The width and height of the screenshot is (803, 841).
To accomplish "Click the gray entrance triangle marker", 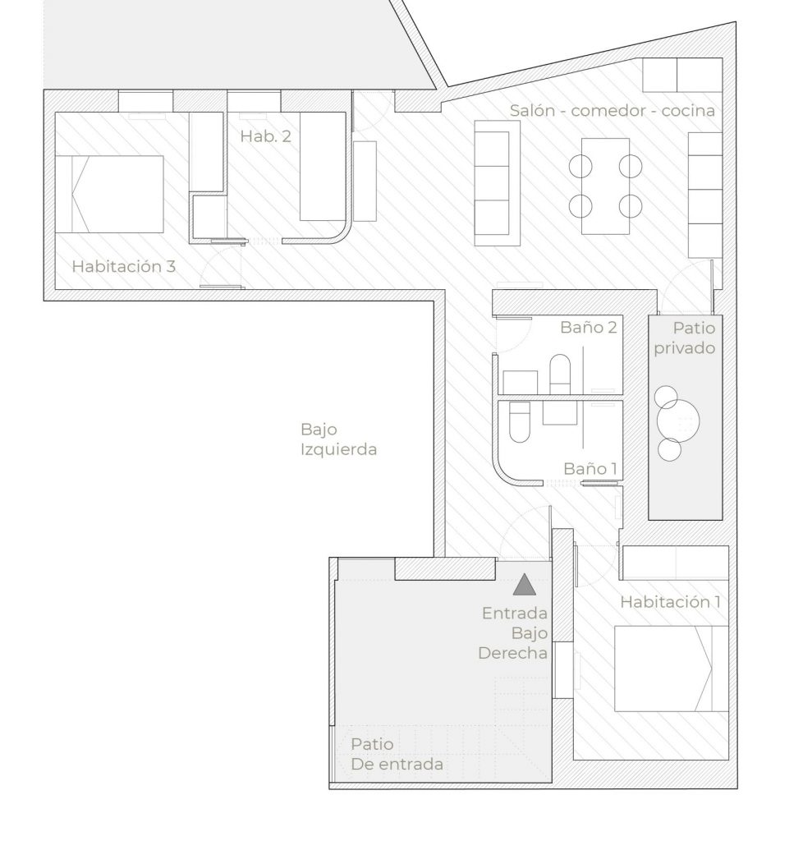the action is click(x=525, y=585).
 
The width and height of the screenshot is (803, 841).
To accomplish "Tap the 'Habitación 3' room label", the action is click(x=124, y=267).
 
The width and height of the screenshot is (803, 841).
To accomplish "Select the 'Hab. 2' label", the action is click(x=265, y=136).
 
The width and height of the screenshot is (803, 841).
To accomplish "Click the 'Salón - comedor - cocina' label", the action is click(x=613, y=111).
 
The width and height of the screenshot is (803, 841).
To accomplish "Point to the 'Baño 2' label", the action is click(x=589, y=327).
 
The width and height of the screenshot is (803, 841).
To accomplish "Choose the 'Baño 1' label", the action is click(x=590, y=469).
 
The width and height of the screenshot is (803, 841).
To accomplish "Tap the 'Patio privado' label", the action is click(x=685, y=338).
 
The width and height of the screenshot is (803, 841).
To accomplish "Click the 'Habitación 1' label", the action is click(x=670, y=602).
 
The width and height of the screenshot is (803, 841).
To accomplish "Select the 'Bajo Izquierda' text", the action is click(x=338, y=439).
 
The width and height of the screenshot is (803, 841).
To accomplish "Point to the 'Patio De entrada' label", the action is click(x=397, y=754).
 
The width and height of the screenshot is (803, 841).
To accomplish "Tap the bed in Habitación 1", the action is click(x=671, y=669).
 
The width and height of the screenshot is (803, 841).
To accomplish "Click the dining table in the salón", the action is click(x=605, y=186).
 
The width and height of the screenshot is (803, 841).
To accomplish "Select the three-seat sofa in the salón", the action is click(x=497, y=183).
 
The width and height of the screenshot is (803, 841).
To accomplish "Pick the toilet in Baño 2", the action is click(x=560, y=374).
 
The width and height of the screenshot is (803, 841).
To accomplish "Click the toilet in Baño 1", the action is click(x=519, y=422).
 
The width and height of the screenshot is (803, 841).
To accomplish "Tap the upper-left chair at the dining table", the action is click(x=580, y=166).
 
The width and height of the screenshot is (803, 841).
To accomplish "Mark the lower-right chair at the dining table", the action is click(x=631, y=206).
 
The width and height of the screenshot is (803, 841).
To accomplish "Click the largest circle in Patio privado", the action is click(x=678, y=420).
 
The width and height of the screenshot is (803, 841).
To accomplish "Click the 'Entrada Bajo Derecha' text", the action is click(x=513, y=633).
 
